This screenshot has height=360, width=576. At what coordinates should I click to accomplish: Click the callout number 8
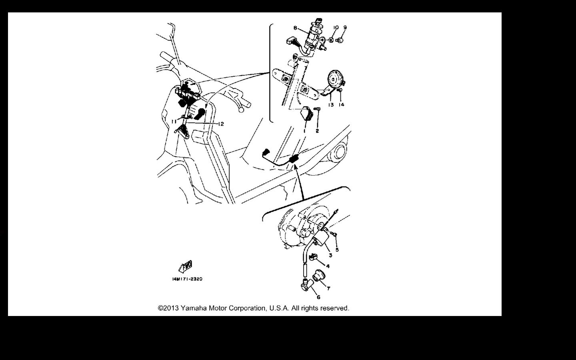pyautogui.click(x=295, y=28)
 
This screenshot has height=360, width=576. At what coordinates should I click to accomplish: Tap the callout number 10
pyautogui.click(x=336, y=28)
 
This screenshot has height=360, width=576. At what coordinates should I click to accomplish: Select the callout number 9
pyautogui.click(x=345, y=27)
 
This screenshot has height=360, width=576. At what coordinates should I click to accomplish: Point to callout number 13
pyautogui.click(x=331, y=105)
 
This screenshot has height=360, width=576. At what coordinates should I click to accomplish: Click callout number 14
pyautogui.click(x=341, y=105)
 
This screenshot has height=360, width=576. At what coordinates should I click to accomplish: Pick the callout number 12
pyautogui.click(x=221, y=124)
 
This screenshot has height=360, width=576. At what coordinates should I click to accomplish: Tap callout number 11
pyautogui.click(x=174, y=121)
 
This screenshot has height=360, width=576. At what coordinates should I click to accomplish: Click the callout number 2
pyautogui.click(x=317, y=131)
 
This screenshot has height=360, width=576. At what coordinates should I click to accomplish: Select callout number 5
pyautogui.click(x=337, y=250)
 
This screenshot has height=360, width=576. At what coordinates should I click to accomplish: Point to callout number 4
pyautogui.click(x=328, y=266)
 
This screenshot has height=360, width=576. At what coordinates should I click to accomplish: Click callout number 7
pyautogui.click(x=328, y=288)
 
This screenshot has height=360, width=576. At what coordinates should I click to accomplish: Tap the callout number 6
pyautogui.click(x=318, y=297)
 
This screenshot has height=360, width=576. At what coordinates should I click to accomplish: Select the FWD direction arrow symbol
pyautogui.click(x=186, y=266)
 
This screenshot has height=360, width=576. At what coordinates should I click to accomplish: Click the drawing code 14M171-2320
pyautogui.click(x=187, y=279)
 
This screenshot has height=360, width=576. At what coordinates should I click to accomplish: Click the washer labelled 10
pyautogui.click(x=331, y=40)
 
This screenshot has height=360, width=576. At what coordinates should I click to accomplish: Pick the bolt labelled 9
pyautogui.click(x=340, y=40)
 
